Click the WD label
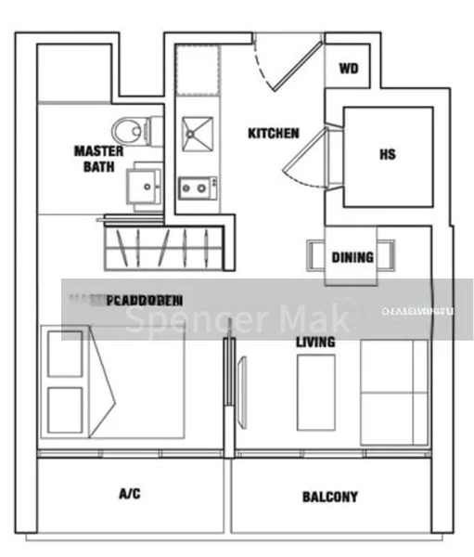tap(348, 70)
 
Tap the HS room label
tap(387, 155)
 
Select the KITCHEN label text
tap(273, 134)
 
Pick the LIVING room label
tap(315, 343)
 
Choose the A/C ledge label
tap(130, 494)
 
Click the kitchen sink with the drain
tap(197, 134)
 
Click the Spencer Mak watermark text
tap(238, 320)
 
